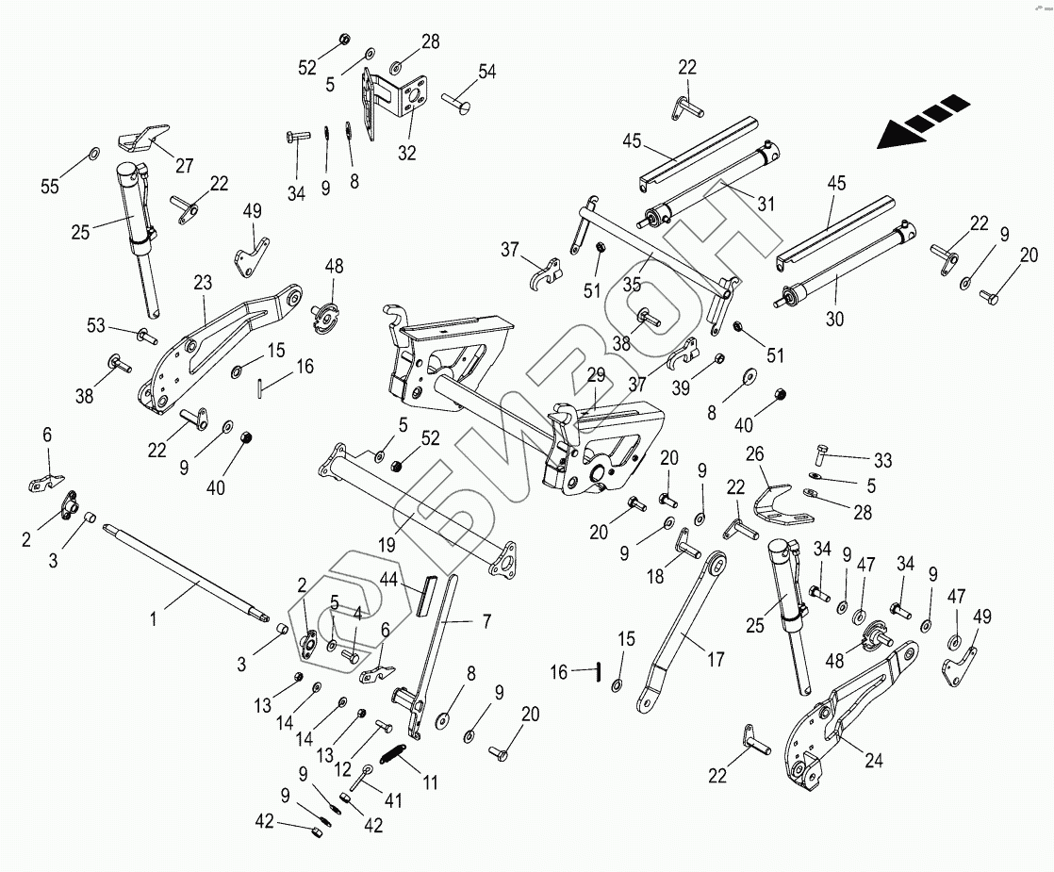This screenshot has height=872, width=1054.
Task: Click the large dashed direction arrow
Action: click(922, 122)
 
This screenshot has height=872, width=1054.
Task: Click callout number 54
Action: click(487, 72)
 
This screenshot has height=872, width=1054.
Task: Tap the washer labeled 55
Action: click(95, 154)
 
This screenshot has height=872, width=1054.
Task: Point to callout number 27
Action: click(184, 166)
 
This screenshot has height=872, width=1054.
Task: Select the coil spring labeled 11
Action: click(394, 754)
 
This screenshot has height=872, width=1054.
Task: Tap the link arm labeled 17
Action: click(683, 626)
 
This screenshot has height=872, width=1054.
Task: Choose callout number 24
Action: click(874, 762)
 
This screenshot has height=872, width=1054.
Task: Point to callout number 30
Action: click(834, 319)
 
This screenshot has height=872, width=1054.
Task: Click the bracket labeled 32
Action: click(390, 104)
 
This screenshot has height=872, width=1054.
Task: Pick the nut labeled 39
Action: click(720, 358)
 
